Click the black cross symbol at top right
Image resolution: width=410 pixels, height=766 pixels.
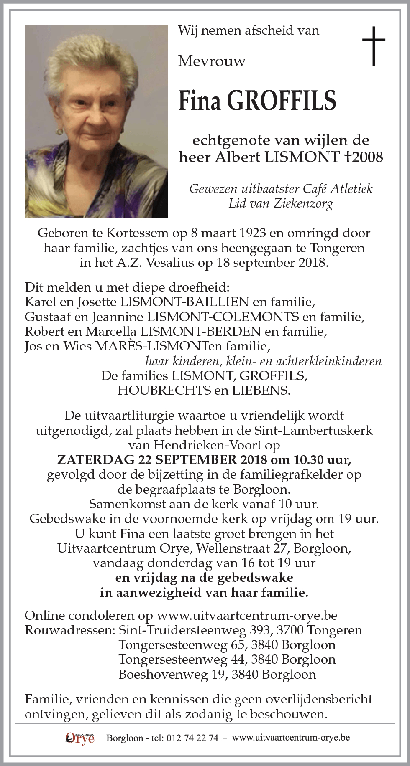click(373, 46)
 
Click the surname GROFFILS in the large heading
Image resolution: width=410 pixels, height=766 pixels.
click(281, 101)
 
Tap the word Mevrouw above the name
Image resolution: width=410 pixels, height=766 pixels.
click(212, 61)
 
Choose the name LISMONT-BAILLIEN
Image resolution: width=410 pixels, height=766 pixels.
click(184, 302)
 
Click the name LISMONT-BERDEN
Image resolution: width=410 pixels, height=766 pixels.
click(201, 331)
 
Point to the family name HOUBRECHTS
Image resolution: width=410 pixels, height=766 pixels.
click(164, 391)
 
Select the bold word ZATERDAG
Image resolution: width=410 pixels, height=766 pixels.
click(95, 460)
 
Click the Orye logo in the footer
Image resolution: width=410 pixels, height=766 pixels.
click(80, 738)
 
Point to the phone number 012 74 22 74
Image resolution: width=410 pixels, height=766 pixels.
click(192, 738)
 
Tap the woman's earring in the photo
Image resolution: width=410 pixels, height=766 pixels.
click(59, 132)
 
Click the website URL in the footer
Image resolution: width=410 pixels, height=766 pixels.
click(291, 738)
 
